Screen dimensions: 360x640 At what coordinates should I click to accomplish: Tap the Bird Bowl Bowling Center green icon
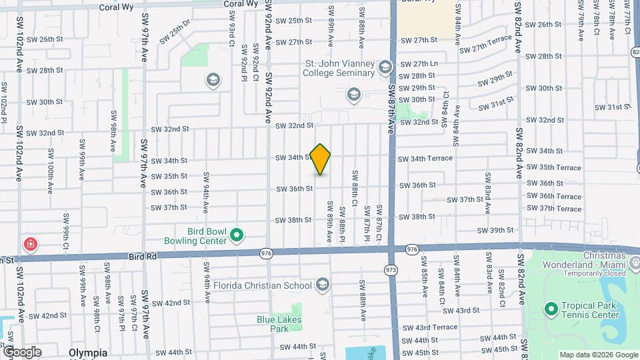236,235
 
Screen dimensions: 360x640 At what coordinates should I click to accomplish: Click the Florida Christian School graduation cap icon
323,285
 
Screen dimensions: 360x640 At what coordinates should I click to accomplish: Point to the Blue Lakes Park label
279,324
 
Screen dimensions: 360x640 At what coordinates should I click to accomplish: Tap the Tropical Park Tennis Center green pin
551,309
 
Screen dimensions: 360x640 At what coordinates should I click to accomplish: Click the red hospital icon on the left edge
30,245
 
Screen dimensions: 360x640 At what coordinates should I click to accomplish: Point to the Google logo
22,351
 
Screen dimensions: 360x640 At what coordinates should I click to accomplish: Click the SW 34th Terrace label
425,159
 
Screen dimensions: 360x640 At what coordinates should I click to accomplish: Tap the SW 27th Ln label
419,64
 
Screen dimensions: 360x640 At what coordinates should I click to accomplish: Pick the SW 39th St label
497,231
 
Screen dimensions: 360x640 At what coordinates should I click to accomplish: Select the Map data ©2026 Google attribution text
597,355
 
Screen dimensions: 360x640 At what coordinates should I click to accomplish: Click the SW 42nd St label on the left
47,315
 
